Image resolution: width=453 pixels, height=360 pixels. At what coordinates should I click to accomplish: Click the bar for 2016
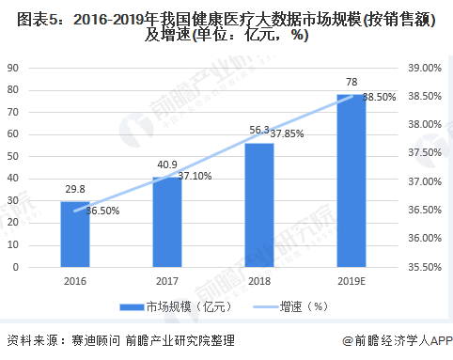coord(75,235)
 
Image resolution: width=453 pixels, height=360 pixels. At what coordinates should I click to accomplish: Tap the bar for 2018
coord(259,205)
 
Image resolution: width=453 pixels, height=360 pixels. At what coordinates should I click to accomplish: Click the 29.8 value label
coord(74,189)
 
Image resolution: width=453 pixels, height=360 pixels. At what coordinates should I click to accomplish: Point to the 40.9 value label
coord(167,165)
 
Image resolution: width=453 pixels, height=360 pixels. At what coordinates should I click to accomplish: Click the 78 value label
coord(351,82)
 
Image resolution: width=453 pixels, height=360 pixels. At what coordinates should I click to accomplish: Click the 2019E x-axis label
coord(351,280)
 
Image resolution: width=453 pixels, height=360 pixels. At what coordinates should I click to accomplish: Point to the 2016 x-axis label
coord(75,280)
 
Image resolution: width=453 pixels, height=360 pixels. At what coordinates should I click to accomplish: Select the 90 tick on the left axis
coord(14,69)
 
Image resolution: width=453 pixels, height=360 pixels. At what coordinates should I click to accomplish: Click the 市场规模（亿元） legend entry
coord(175,306)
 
